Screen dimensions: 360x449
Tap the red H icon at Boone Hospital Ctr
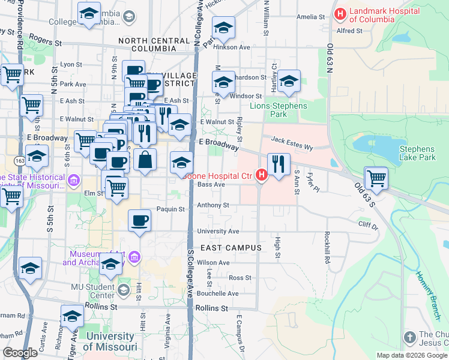[x=261, y=175]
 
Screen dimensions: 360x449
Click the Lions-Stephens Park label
[x=279, y=110]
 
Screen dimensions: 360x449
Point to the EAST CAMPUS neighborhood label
[x=231, y=248]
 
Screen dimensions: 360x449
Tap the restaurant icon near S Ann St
[x=278, y=164]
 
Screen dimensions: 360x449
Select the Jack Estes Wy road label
[x=292, y=140]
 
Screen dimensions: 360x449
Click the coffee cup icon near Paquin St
[x=140, y=220]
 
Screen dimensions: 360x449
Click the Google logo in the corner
[x=20, y=352]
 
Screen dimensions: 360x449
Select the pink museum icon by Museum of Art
[x=135, y=257]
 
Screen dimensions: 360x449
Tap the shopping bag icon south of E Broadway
[x=145, y=160]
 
